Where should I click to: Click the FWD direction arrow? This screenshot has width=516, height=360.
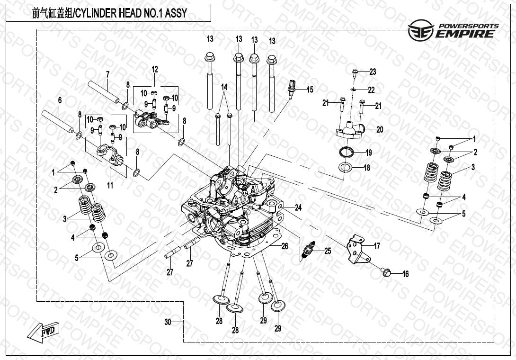[x=43, y=332]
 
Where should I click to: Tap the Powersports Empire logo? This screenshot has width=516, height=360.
[x=453, y=30]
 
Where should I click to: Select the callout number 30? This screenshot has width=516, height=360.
[x=168, y=322]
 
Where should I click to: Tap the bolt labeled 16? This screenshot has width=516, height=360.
[x=385, y=272]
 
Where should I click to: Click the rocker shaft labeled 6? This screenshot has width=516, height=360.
[x=58, y=121]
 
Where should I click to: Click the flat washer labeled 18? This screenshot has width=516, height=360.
[x=346, y=167]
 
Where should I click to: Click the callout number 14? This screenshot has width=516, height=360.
[x=224, y=87]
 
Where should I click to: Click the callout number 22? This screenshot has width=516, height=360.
[x=371, y=90]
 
